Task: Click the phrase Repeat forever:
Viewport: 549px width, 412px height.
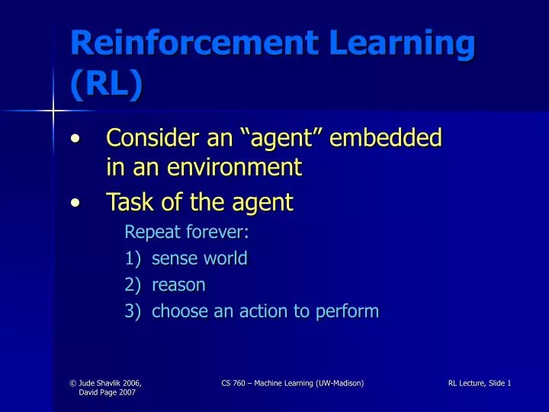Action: tap(187, 231)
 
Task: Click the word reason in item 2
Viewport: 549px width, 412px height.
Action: tap(179, 285)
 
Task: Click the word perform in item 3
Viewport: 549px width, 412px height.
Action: tap(350, 311)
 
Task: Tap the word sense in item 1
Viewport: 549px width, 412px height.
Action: tap(173, 259)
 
